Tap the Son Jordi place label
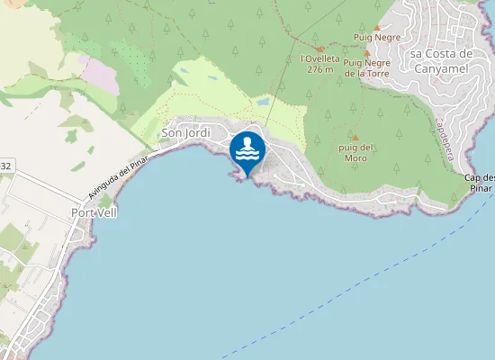pos(185,133)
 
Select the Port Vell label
pos(94,212)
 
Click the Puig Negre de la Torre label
pos(366,67)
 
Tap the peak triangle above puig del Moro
pos(354,137)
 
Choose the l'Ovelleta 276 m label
pos(319,63)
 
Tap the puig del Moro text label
pos(355,152)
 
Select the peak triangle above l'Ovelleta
pos(319,49)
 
